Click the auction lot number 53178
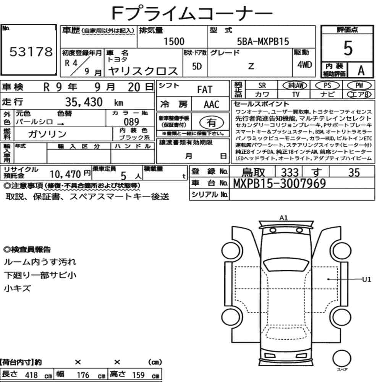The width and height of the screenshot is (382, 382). click(x=31, y=52)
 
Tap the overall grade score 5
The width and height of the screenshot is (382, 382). click(x=348, y=48)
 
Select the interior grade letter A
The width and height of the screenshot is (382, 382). click(x=361, y=70)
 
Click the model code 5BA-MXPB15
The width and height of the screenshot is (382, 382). click(x=263, y=41)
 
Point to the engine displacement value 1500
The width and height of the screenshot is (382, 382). click(x=174, y=41)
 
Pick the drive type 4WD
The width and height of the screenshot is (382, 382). click(x=304, y=65)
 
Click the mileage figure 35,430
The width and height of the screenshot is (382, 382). click(x=84, y=102)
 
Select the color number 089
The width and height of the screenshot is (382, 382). click(x=131, y=122)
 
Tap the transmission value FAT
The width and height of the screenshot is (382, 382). click(x=205, y=89)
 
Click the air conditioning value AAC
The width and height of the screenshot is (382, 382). click(x=212, y=104)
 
